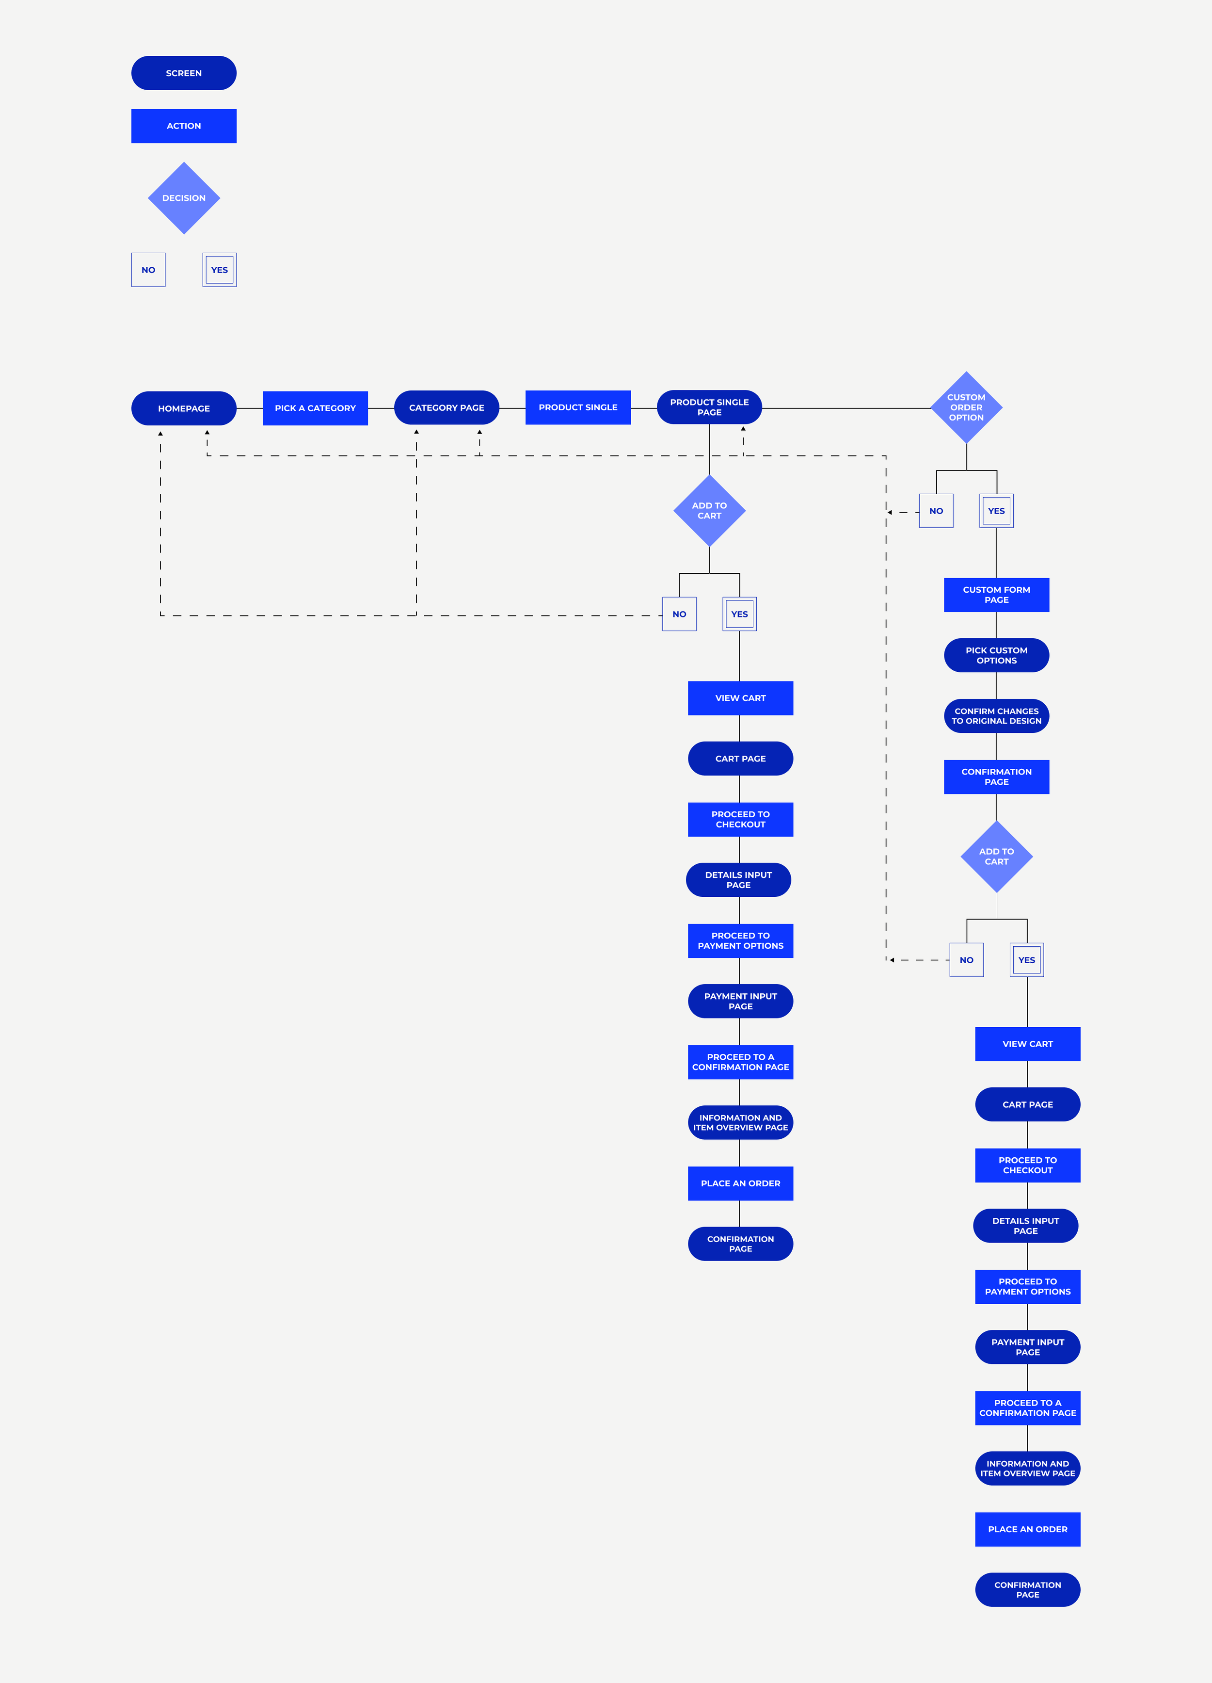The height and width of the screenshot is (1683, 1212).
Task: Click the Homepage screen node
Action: [x=183, y=408]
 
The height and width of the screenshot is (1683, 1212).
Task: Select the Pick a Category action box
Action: [x=315, y=408]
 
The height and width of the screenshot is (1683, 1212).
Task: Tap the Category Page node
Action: [x=446, y=407]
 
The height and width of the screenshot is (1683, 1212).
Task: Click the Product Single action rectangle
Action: [x=578, y=407]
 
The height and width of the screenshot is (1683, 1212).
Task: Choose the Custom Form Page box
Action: [x=996, y=595]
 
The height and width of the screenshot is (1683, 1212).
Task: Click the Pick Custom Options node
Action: [x=996, y=655]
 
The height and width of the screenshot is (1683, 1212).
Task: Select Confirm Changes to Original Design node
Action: [x=996, y=716]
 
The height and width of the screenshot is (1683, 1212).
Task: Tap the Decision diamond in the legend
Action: [x=184, y=198]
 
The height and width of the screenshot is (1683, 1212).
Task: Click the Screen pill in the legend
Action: [x=183, y=73]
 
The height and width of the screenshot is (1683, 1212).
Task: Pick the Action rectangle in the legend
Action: [x=183, y=126]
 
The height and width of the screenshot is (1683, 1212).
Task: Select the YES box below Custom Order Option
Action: [x=996, y=511]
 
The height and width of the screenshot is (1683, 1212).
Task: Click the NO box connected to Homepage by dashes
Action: [x=679, y=614]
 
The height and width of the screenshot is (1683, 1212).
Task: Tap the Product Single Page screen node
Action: [x=709, y=407]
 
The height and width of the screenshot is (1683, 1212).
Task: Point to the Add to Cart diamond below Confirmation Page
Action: [x=996, y=857]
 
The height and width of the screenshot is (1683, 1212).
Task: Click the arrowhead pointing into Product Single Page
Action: [x=743, y=429]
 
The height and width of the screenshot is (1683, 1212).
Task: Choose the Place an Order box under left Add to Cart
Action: [x=740, y=1183]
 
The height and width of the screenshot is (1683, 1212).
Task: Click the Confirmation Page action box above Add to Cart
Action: [x=996, y=777]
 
